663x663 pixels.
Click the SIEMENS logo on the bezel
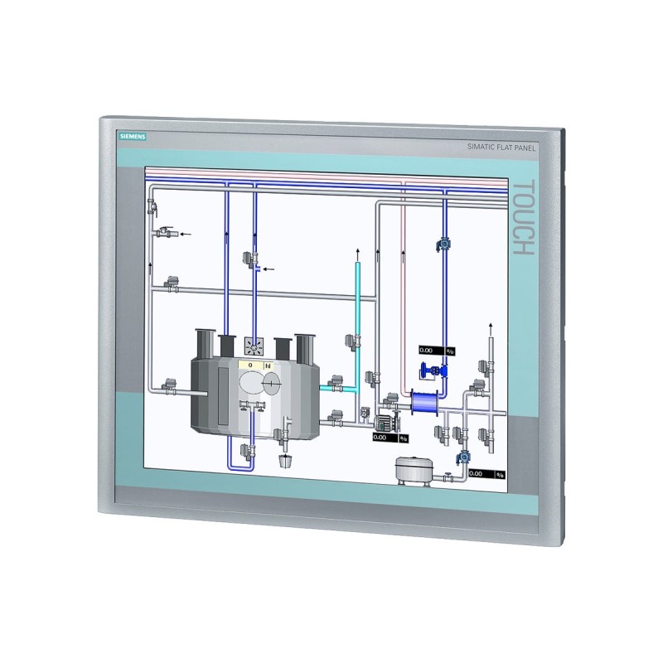coord(132,138)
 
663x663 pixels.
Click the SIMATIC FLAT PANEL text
coord(500,148)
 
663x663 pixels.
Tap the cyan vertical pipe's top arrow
coord(357,250)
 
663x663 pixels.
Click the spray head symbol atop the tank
coord(254,344)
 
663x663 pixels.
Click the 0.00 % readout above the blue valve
coord(437,351)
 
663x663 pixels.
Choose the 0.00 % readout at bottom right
coord(486,474)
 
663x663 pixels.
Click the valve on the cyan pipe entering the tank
coord(336,383)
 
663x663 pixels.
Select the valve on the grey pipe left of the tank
coord(169,385)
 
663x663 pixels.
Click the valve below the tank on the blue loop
coord(246,451)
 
